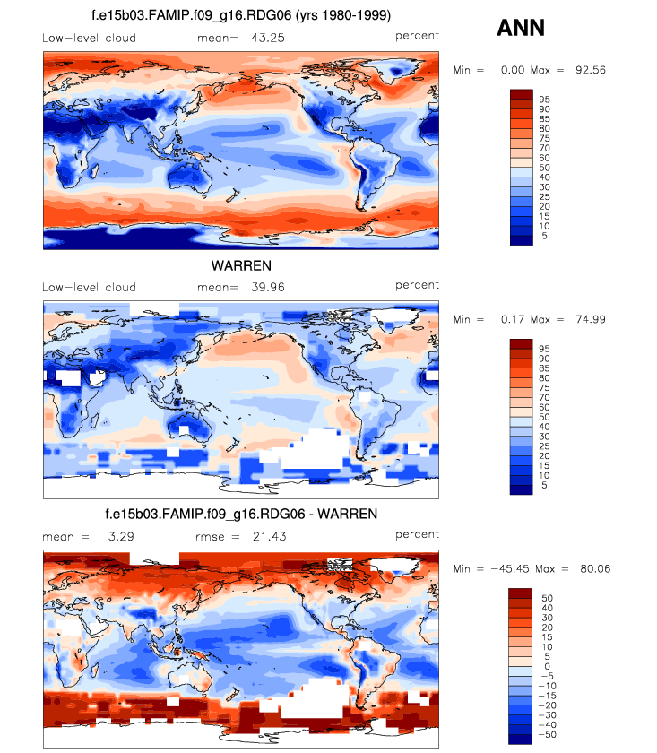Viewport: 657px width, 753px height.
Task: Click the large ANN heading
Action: coord(521,29)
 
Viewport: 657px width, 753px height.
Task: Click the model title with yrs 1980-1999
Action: coord(241,16)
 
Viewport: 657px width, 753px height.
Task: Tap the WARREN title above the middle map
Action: coord(241,266)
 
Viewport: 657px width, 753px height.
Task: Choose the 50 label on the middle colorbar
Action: coord(545,418)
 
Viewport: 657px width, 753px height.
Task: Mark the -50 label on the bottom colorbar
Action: coord(546,734)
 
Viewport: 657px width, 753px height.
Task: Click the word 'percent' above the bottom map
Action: coord(417,533)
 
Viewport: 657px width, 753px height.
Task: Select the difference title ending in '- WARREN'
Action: coord(241,515)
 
